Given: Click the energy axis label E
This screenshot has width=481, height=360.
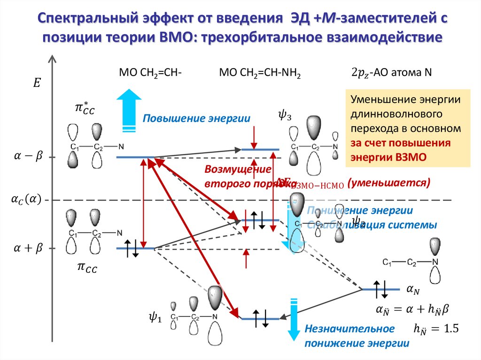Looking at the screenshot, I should pos(37,84).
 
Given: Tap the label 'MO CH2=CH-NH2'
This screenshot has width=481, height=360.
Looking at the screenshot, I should pos(259,73).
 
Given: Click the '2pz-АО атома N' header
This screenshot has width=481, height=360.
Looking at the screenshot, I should pos(392,73).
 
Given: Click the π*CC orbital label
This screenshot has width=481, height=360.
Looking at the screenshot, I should pos(85,109).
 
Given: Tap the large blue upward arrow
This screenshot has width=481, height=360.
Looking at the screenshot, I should pos(128,107).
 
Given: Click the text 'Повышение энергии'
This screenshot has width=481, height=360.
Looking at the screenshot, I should pos(196,118).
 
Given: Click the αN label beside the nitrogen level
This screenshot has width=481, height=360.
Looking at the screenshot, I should pos(414,291).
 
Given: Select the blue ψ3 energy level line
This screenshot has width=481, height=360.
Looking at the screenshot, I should pos(260,150).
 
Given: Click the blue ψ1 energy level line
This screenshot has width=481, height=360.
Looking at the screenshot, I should pos(260,319).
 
